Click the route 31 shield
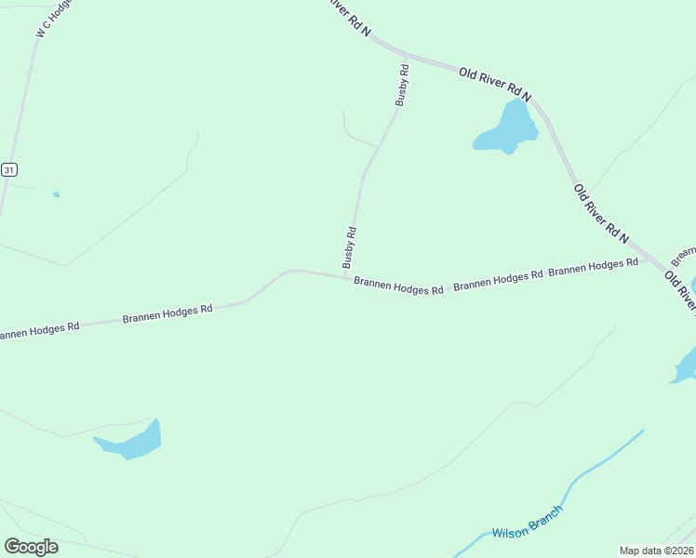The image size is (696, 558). pos(8,169)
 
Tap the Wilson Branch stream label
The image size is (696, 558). pos(527,525)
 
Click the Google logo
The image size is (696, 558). pos(31,546)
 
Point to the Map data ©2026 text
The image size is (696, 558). pos(655,550)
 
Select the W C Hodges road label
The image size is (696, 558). pos(54,20)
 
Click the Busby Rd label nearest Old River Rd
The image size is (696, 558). pos(402,85)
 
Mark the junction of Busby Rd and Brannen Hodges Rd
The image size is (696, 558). pos(347,276)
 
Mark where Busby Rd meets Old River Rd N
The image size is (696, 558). pos(407,57)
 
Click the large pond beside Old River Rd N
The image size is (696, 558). pos(508,130)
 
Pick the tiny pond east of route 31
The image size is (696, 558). pos(57,194)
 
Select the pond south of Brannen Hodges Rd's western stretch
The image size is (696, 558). pos(133,441)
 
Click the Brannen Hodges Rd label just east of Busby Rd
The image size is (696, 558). pos(398,288)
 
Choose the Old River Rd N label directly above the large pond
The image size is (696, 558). pos(495,84)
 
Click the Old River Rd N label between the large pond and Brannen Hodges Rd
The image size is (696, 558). pos(601,215)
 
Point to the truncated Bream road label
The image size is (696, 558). pos(684,254)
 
